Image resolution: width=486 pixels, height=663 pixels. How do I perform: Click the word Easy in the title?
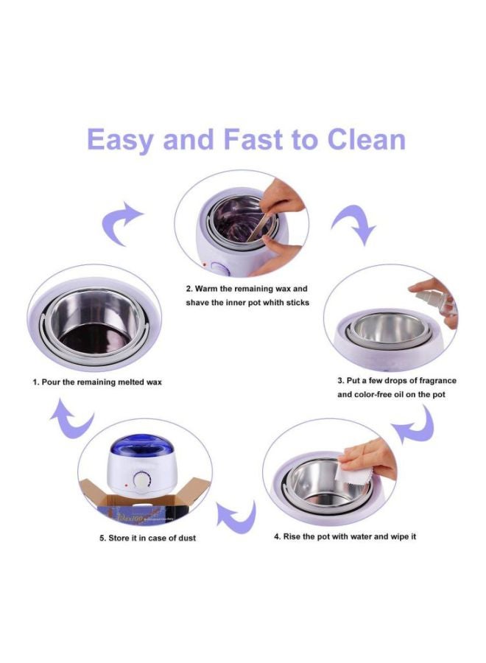point(120,140)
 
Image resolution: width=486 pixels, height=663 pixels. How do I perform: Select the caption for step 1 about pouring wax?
point(96,382)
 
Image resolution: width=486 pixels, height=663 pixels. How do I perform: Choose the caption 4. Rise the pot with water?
point(345,536)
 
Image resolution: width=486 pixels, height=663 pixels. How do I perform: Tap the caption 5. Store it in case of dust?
point(148,538)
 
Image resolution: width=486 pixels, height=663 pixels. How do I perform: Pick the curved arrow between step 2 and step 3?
point(354,224)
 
